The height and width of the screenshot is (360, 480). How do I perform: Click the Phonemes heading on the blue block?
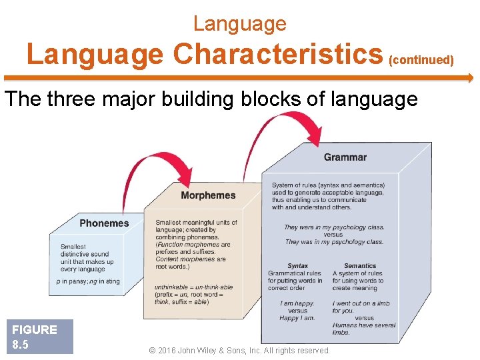[104, 223]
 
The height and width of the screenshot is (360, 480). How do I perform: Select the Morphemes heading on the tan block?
[208, 195]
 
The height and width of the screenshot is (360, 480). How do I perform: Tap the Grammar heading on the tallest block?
[345, 157]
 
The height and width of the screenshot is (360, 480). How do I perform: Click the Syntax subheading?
[297, 266]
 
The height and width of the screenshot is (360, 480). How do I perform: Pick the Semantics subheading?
[360, 266]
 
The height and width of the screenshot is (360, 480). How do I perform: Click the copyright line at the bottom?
[239, 351]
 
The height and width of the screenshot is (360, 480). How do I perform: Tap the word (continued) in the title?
[421, 61]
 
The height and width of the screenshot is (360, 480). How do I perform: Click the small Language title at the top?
[239, 24]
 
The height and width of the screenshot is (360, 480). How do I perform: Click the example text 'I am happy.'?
[297, 304]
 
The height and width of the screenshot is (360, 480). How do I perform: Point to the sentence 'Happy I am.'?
[297, 318]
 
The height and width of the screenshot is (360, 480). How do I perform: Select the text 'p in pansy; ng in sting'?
[89, 281]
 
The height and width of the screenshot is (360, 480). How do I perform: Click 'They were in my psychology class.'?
[333, 227]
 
